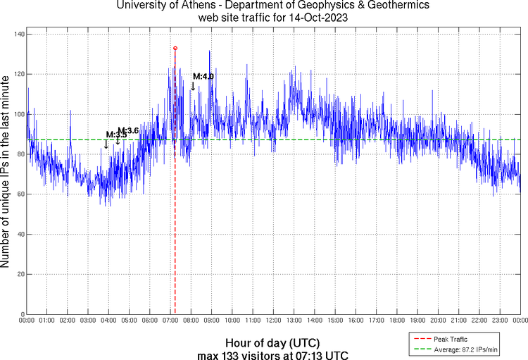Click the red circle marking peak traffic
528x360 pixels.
coord(175,49)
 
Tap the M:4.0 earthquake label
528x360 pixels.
coord(203,76)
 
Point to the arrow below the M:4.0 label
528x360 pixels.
coord(193,86)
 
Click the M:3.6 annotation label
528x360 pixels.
coord(128,130)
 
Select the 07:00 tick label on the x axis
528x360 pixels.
coord(170,321)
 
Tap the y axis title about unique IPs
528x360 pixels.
coord(6,173)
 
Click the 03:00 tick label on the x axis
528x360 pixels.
coord(88,321)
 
